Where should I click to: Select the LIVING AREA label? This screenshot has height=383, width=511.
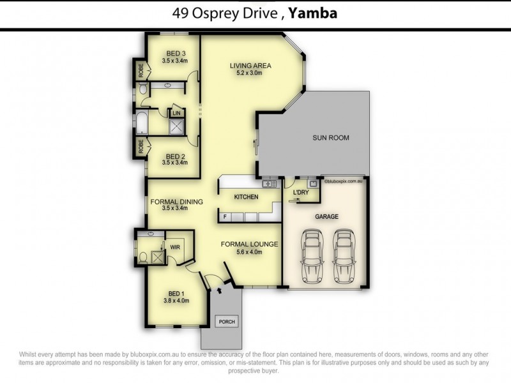tap(251, 65)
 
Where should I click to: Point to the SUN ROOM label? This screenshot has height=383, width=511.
tap(330, 138)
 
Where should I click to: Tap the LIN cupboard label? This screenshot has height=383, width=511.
tap(176, 113)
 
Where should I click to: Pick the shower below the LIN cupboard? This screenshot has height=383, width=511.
tap(176, 126)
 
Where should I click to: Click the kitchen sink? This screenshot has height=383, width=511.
tap(271, 184)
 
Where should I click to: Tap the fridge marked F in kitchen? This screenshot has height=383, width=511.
tap(225, 217)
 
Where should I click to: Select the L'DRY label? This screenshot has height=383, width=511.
tap(301, 192)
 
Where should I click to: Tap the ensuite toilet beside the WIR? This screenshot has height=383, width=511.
tap(143, 257)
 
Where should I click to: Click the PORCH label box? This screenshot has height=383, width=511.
tap(227, 321)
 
